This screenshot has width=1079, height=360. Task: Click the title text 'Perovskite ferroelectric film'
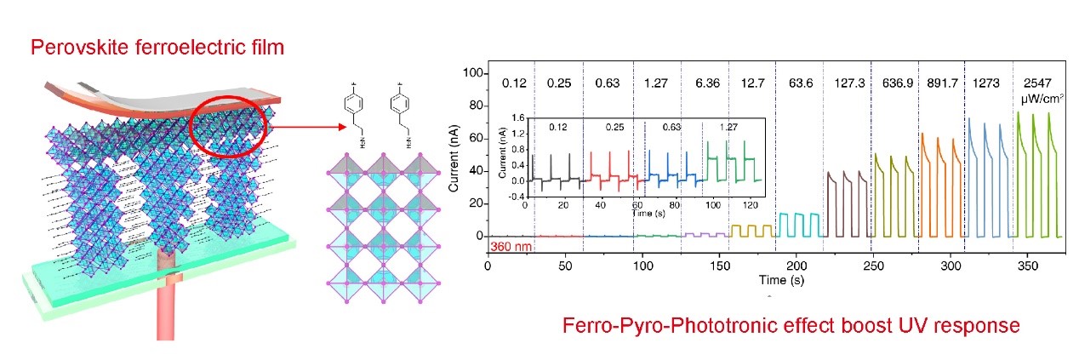point(157,47)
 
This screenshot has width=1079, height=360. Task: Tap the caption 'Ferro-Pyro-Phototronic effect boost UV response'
point(790,326)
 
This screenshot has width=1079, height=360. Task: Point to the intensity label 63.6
point(800,84)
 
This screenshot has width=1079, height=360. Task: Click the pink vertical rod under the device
point(165,298)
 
